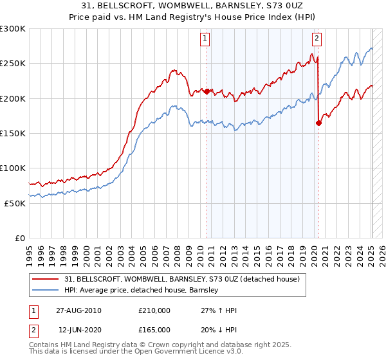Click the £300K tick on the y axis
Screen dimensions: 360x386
point(13,29)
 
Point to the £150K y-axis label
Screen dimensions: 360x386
point(13,133)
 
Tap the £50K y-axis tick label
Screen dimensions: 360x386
point(15,203)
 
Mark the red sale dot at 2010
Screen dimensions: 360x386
point(207,91)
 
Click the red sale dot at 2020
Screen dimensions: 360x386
point(318,123)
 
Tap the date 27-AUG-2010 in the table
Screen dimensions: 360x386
point(80,310)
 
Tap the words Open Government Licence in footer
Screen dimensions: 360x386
point(187,353)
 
